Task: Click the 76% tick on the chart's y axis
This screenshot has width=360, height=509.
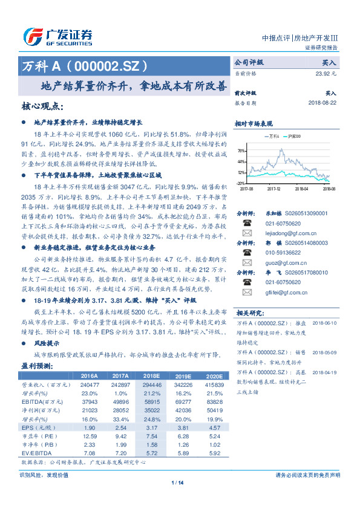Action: pyautogui.click(x=241, y=151)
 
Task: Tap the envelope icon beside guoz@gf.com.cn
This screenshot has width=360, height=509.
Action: pyautogui.click(x=246, y=263)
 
